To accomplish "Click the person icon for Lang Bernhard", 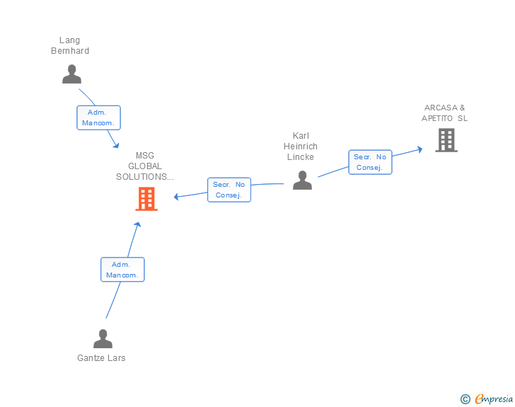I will [x=71, y=74].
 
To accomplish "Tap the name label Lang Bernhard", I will [x=70, y=45].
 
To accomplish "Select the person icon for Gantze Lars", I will [x=103, y=338].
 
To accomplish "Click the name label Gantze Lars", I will [x=101, y=358].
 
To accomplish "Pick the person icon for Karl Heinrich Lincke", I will [x=302, y=180].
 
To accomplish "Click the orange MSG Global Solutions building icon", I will [x=146, y=199].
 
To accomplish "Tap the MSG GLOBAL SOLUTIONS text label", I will [x=145, y=166].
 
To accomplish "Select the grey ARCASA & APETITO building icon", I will [x=446, y=140].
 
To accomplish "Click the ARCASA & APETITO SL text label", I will [x=444, y=113].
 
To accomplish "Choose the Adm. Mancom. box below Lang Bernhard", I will [x=98, y=117].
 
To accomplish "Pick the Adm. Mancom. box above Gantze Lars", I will [x=122, y=269].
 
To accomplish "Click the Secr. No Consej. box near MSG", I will [x=228, y=189].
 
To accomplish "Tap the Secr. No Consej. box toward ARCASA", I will [x=370, y=162].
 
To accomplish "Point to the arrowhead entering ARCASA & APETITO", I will [x=419, y=149].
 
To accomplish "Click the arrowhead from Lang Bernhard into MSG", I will [x=116, y=145].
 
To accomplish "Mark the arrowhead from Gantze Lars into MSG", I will [x=138, y=225].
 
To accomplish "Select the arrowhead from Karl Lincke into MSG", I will [x=176, y=196].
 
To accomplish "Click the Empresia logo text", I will [x=493, y=399].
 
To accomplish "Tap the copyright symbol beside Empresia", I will [x=465, y=399].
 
